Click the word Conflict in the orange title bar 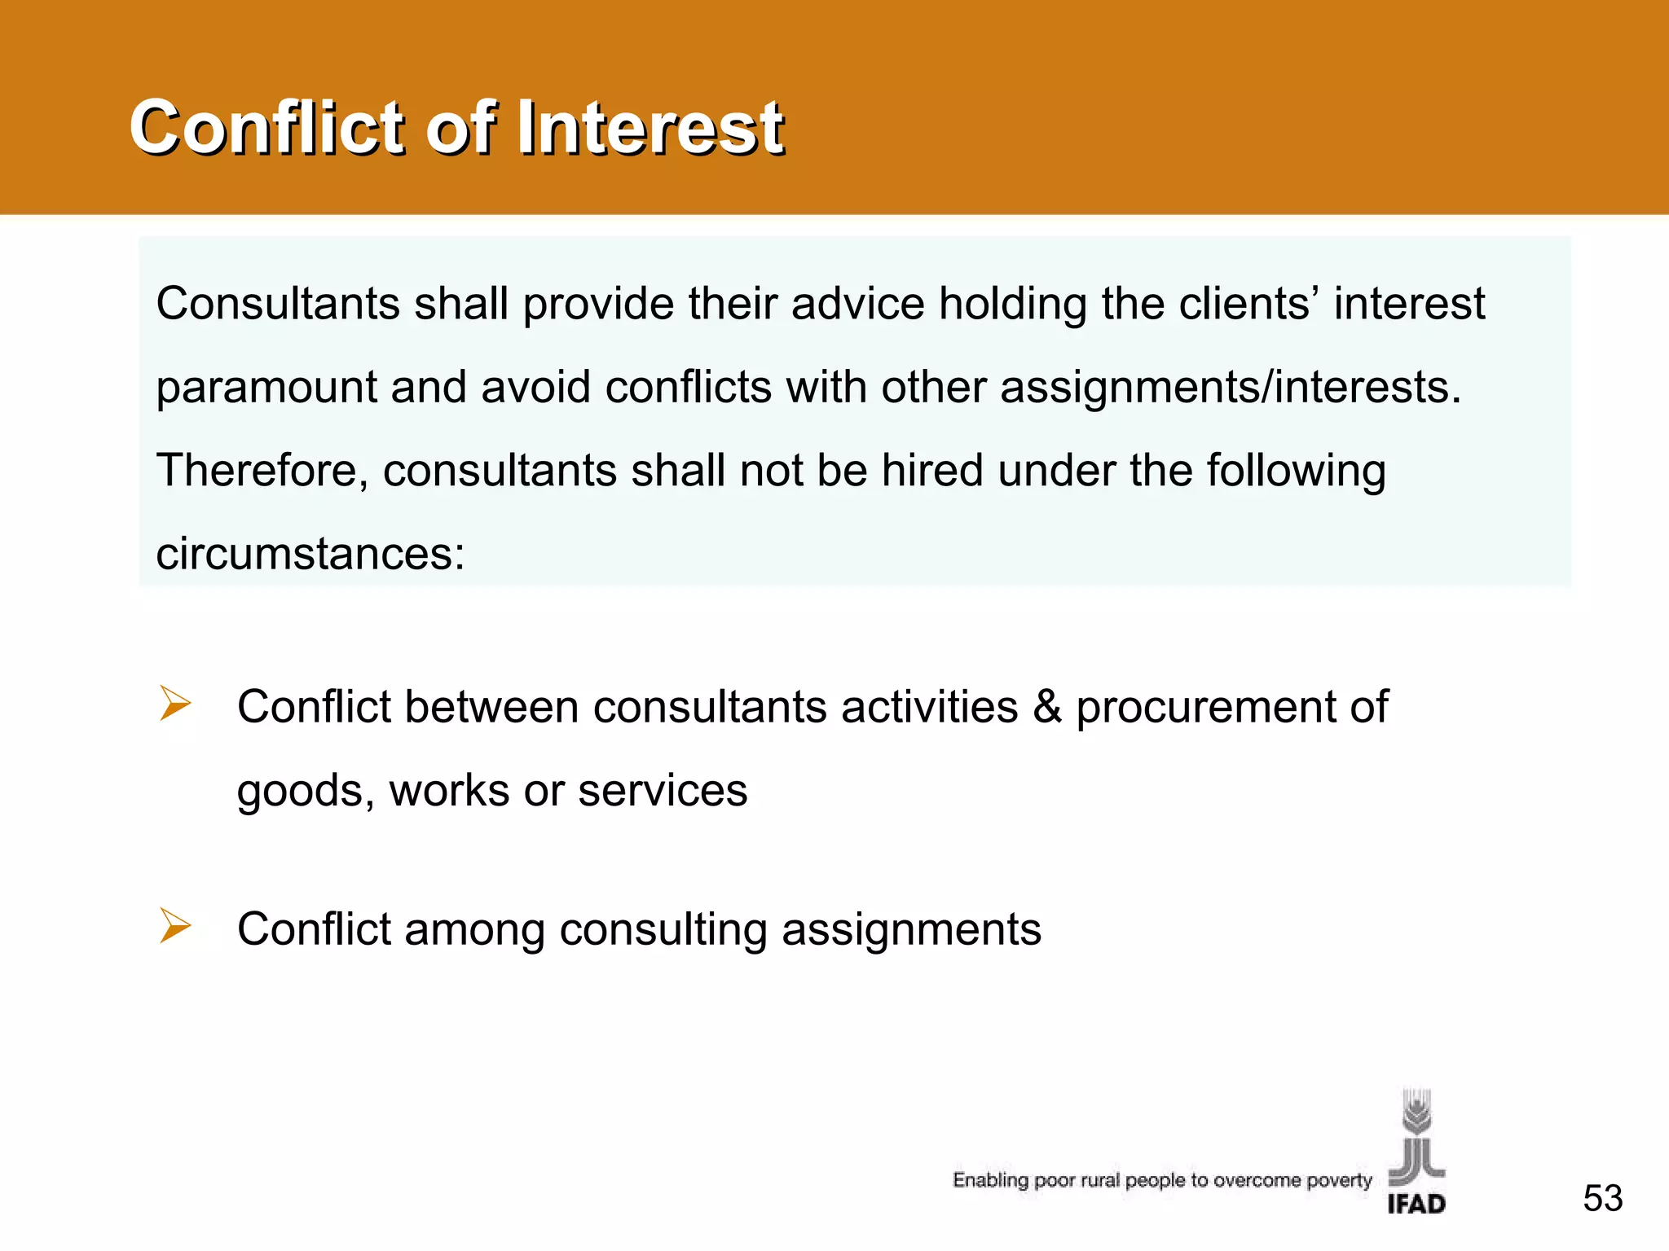pyautogui.click(x=267, y=127)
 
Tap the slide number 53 pyautogui.click(x=1602, y=1198)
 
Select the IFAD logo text pyautogui.click(x=1416, y=1203)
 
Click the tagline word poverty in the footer pyautogui.click(x=1339, y=1180)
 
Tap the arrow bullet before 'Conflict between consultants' pyautogui.click(x=175, y=704)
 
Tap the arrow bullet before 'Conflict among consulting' pyautogui.click(x=175, y=926)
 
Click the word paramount pyautogui.click(x=266, y=388)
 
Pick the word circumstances pyautogui.click(x=310, y=555)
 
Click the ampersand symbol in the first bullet pyautogui.click(x=1047, y=706)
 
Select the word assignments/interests pyautogui.click(x=1231, y=388)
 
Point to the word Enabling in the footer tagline pyautogui.click(x=990, y=1180)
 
